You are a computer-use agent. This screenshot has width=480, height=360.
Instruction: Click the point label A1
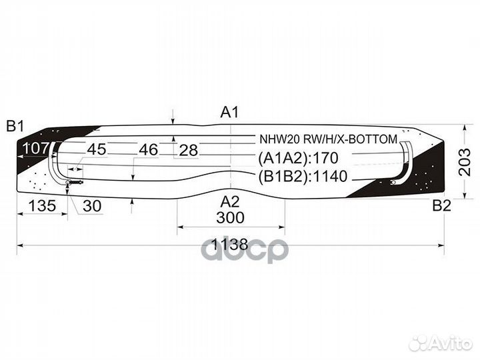229,113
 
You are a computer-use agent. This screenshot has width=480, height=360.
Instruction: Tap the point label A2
230,201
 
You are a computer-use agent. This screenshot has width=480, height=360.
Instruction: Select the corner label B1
15,125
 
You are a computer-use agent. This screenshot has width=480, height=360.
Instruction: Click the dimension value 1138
230,245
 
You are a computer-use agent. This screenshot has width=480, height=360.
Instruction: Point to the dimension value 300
230,218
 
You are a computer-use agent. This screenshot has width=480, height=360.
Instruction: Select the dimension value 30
92,207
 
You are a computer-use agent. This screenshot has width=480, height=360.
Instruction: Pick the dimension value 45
97,149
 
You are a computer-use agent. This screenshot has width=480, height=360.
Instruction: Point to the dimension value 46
148,150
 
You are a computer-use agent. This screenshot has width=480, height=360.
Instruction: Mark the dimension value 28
189,151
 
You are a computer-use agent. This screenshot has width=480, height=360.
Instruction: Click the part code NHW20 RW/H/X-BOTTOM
328,139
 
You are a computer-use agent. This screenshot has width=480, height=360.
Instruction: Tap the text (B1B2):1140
303,177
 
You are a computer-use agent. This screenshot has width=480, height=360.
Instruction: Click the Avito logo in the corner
441,343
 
